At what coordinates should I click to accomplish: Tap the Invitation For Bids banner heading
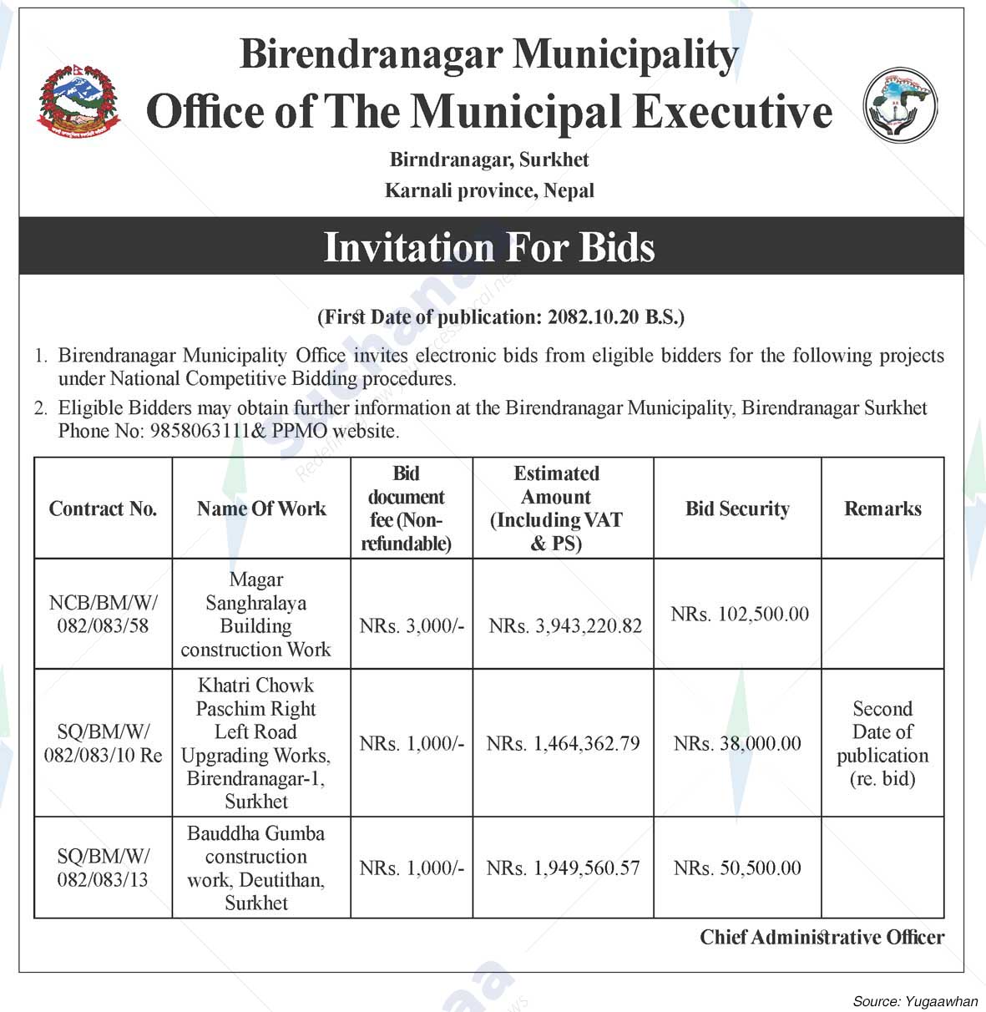(489, 247)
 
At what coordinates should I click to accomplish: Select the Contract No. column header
(103, 509)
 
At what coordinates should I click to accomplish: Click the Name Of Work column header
(261, 509)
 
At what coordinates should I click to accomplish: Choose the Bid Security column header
(737, 509)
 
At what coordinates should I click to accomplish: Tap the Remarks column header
(882, 509)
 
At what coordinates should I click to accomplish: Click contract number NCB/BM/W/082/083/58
(103, 614)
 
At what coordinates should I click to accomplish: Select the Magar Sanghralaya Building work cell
(256, 615)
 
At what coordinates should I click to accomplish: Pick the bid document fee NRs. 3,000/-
(412, 625)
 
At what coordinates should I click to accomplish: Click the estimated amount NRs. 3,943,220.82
(565, 625)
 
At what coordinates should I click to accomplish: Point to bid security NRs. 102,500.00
(740, 615)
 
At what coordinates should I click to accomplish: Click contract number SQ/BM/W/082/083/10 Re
(103, 744)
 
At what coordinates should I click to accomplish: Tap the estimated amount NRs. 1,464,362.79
(564, 743)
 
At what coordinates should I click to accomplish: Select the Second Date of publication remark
(882, 744)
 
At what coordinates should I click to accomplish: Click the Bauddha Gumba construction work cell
(256, 868)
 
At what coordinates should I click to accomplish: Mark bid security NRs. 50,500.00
(737, 868)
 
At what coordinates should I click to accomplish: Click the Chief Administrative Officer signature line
(822, 938)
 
